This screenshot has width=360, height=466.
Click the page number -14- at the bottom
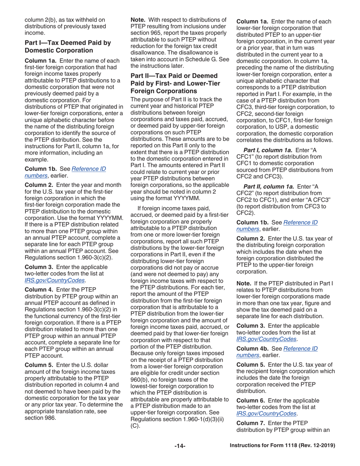[180, 446]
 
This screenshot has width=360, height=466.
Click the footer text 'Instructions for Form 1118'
[283, 446]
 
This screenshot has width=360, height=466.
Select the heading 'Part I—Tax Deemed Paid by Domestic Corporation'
[67, 46]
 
